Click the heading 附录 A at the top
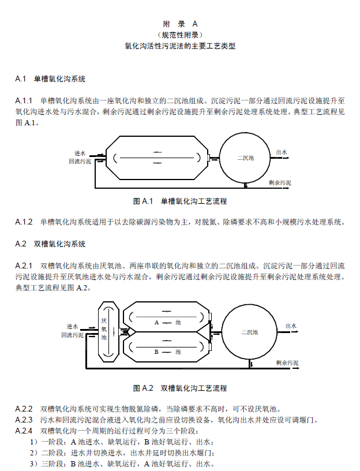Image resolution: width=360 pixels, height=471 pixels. [x=180, y=24]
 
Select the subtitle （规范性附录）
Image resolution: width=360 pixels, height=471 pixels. [x=180, y=35]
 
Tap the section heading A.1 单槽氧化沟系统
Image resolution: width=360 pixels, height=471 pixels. [x=51, y=78]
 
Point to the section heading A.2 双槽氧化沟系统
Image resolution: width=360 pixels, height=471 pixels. [x=51, y=244]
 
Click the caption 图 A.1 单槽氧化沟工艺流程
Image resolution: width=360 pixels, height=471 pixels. [x=180, y=201]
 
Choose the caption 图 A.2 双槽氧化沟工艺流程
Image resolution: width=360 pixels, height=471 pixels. [x=180, y=388]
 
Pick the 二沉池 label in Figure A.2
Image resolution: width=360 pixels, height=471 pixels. [x=250, y=332]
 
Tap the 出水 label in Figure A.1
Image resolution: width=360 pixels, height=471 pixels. [x=282, y=152]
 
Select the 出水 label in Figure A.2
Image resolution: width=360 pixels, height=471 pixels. [x=291, y=326]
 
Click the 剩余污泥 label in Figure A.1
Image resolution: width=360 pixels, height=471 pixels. [x=280, y=182]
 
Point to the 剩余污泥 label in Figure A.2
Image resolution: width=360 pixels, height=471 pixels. [x=287, y=363]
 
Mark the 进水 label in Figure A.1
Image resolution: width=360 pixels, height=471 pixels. [x=80, y=153]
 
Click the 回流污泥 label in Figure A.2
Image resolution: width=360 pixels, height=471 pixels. [x=72, y=335]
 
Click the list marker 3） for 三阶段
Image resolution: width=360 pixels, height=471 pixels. [x=34, y=463]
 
